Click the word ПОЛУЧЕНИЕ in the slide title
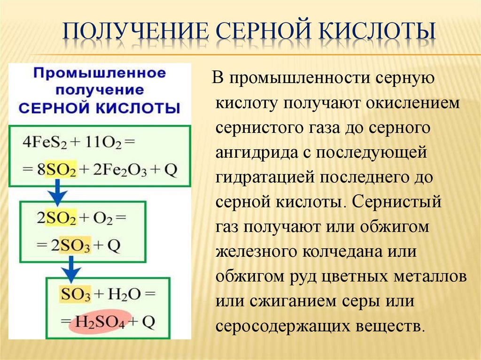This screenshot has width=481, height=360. tap(136, 33)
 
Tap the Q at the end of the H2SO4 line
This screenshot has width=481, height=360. tap(148, 322)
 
